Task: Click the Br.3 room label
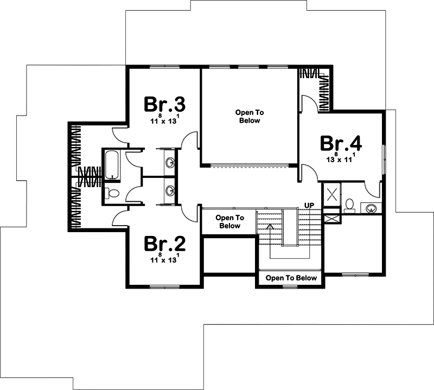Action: coord(165,104)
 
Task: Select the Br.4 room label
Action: coord(341,143)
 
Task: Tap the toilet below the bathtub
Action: coord(113,193)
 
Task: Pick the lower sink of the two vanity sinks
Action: coord(170,190)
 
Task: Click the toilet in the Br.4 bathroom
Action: coord(350,205)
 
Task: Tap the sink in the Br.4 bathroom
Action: coord(372,208)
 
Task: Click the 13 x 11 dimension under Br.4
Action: coord(341,159)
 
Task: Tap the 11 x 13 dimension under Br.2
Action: coord(165,260)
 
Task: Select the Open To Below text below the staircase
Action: coord(291,278)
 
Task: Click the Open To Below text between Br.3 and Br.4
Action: coord(249,116)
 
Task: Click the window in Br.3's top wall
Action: coord(164,67)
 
